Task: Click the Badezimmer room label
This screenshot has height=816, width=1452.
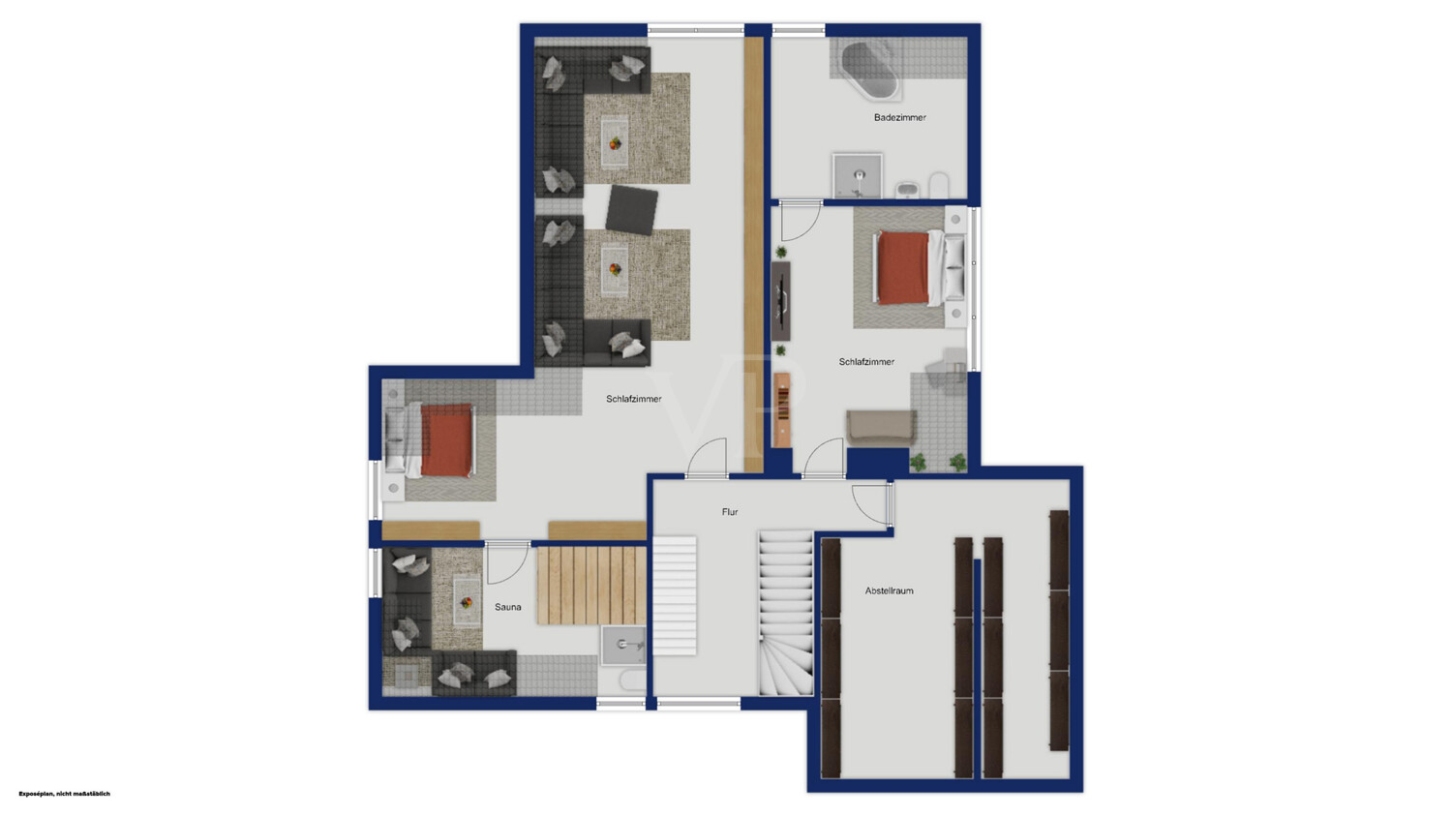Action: click(x=899, y=117)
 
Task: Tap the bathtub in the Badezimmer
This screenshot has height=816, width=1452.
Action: click(x=869, y=71)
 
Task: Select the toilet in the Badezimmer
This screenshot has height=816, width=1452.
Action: click(x=939, y=185)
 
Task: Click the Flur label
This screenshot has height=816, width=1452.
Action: click(x=730, y=511)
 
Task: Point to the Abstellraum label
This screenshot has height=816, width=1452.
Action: click(x=890, y=590)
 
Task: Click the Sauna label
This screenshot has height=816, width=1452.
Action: click(x=507, y=607)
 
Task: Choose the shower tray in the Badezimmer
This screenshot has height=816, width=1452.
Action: click(x=858, y=175)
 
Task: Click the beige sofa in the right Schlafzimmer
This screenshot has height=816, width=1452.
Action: click(x=881, y=428)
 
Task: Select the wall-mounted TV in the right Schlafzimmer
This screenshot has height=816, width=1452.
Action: click(x=782, y=301)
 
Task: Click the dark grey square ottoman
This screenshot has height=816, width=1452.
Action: click(x=631, y=210)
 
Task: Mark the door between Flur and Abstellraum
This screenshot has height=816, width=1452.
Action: click(x=872, y=504)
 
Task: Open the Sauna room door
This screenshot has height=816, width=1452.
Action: click(x=508, y=562)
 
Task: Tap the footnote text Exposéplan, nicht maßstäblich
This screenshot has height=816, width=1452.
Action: click(x=64, y=794)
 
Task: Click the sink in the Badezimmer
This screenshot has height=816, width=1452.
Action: click(x=908, y=190)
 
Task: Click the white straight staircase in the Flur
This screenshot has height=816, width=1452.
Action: click(x=675, y=595)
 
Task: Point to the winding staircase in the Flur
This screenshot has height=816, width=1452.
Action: click(x=786, y=613)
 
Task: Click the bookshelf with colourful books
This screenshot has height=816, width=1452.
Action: click(x=782, y=409)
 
